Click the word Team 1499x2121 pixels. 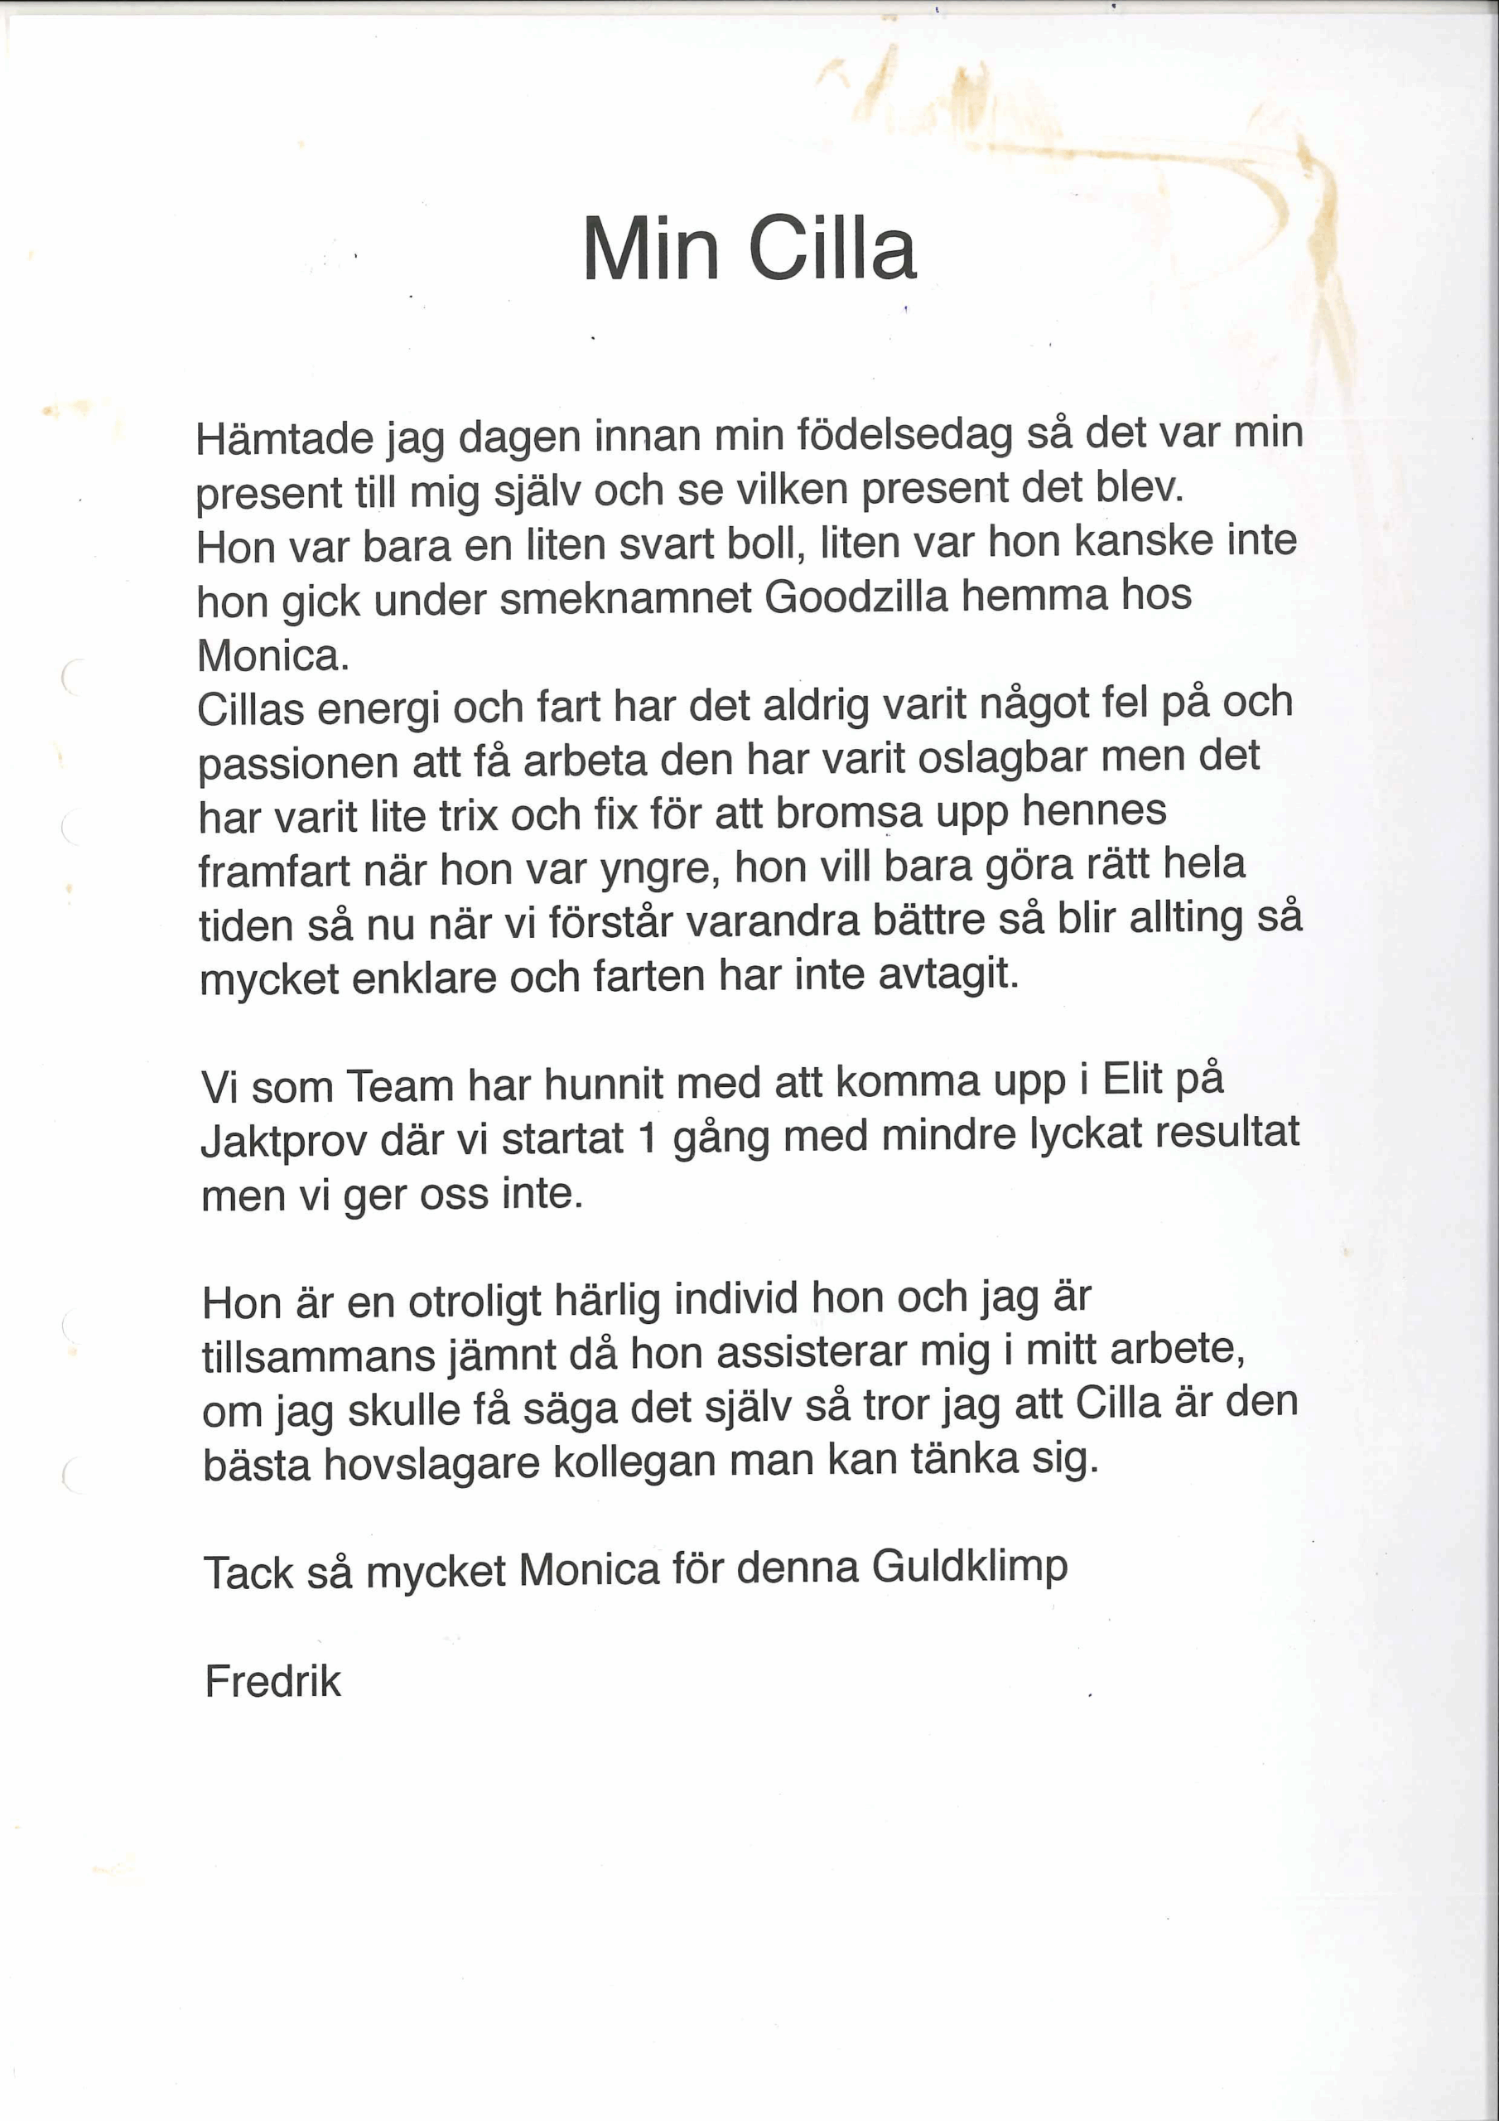pyautogui.click(x=399, y=1085)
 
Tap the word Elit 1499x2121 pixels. pyautogui.click(x=1133, y=1079)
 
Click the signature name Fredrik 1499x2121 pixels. pyautogui.click(x=273, y=1681)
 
